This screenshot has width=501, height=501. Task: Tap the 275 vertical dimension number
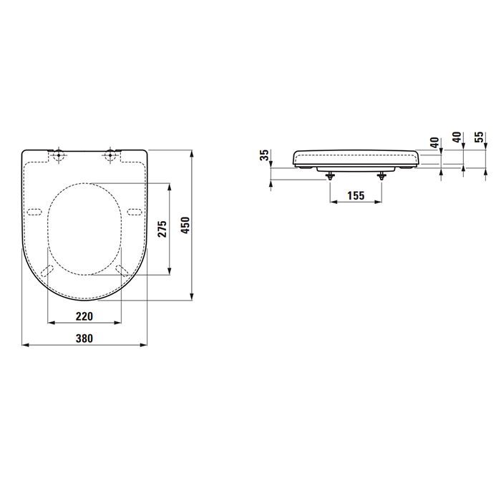[x=162, y=228]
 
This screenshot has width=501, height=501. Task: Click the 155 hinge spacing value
[x=356, y=195]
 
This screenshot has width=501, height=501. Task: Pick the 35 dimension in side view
[x=265, y=155]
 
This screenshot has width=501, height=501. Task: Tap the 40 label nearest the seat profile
[x=434, y=142]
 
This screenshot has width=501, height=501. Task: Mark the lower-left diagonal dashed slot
[x=48, y=269]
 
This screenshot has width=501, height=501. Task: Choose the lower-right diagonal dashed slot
[x=121, y=269]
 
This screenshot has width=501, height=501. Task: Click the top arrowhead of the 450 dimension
[x=193, y=153]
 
